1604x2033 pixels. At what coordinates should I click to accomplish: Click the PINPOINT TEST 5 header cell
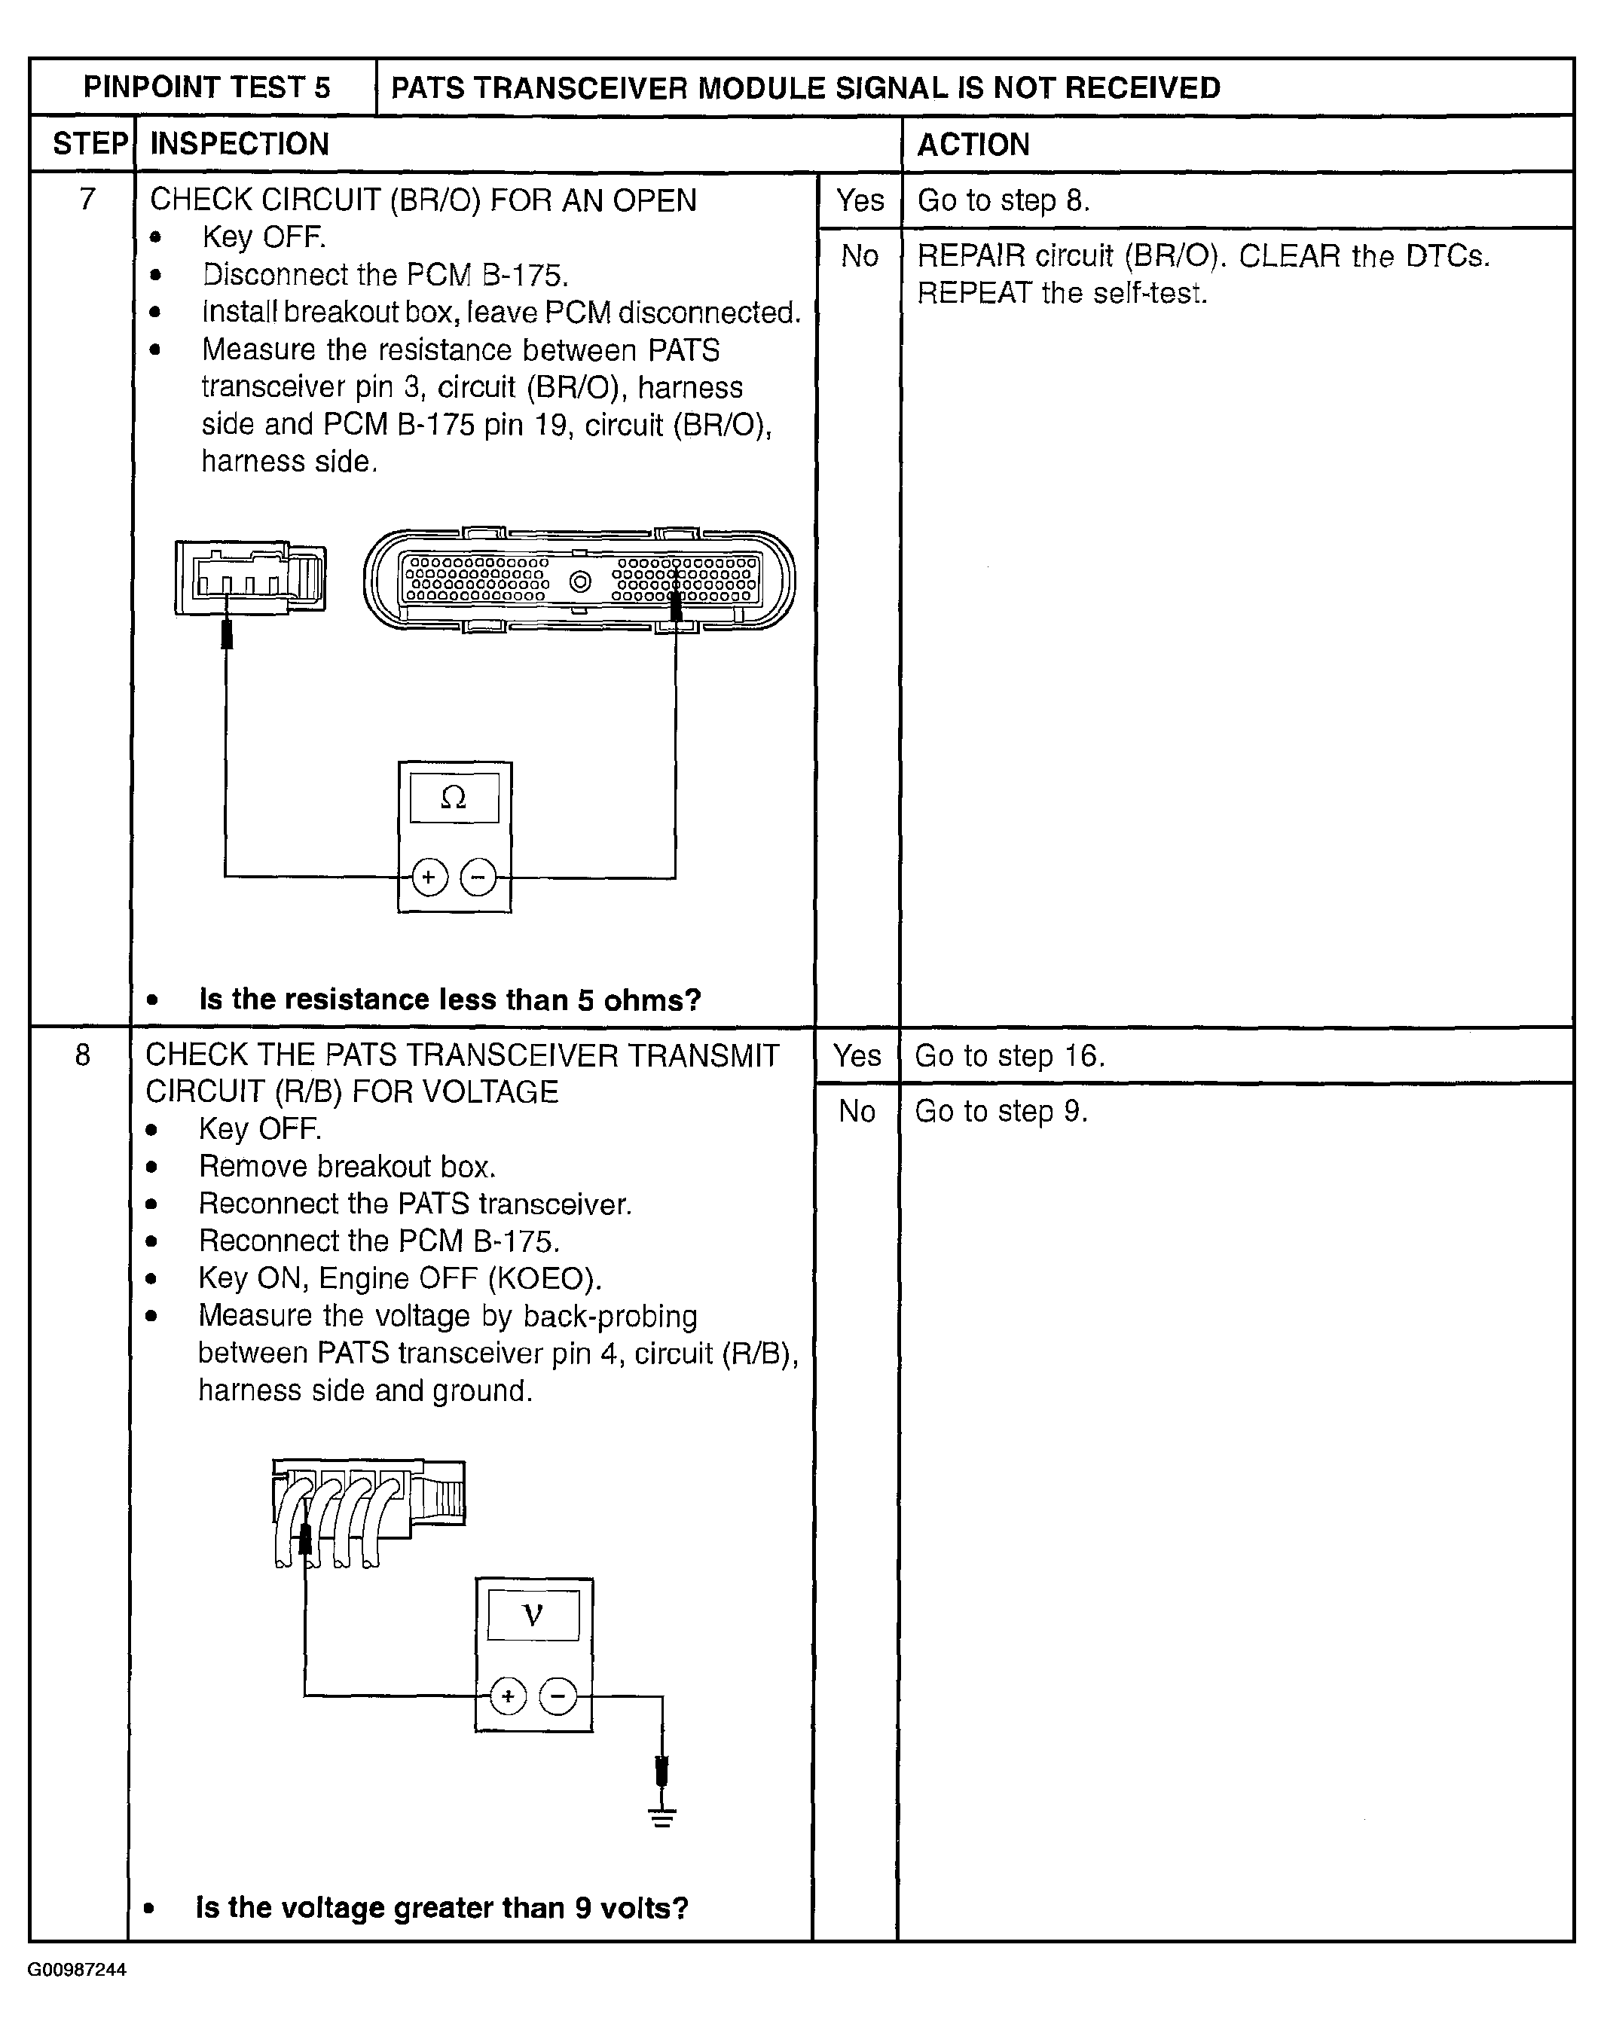pos(206,87)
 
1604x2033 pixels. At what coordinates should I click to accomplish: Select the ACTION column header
pos(973,145)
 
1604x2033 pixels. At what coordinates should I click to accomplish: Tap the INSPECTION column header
pos(240,144)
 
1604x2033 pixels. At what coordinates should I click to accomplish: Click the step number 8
pos(83,1055)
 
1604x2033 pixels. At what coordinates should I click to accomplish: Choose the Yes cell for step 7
pos(860,200)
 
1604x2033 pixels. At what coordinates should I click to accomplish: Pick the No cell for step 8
pos(857,1111)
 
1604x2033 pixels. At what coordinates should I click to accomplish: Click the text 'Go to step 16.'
pos(1010,1055)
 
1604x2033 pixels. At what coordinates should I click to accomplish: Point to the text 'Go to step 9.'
pos(1001,1111)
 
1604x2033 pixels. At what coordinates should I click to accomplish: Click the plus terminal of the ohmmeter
pos(429,878)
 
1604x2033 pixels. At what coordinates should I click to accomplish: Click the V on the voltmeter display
pos(533,1615)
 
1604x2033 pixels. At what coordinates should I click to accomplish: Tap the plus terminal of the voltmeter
pos(508,1696)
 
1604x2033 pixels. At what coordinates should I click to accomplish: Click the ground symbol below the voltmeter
pos(662,1818)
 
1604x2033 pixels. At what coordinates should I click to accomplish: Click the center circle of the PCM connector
pos(580,582)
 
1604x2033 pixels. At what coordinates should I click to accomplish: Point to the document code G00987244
pos(77,1970)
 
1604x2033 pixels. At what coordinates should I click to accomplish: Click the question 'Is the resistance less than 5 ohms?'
pos(450,999)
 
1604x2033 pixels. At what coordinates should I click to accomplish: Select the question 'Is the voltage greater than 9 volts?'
pos(441,1907)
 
